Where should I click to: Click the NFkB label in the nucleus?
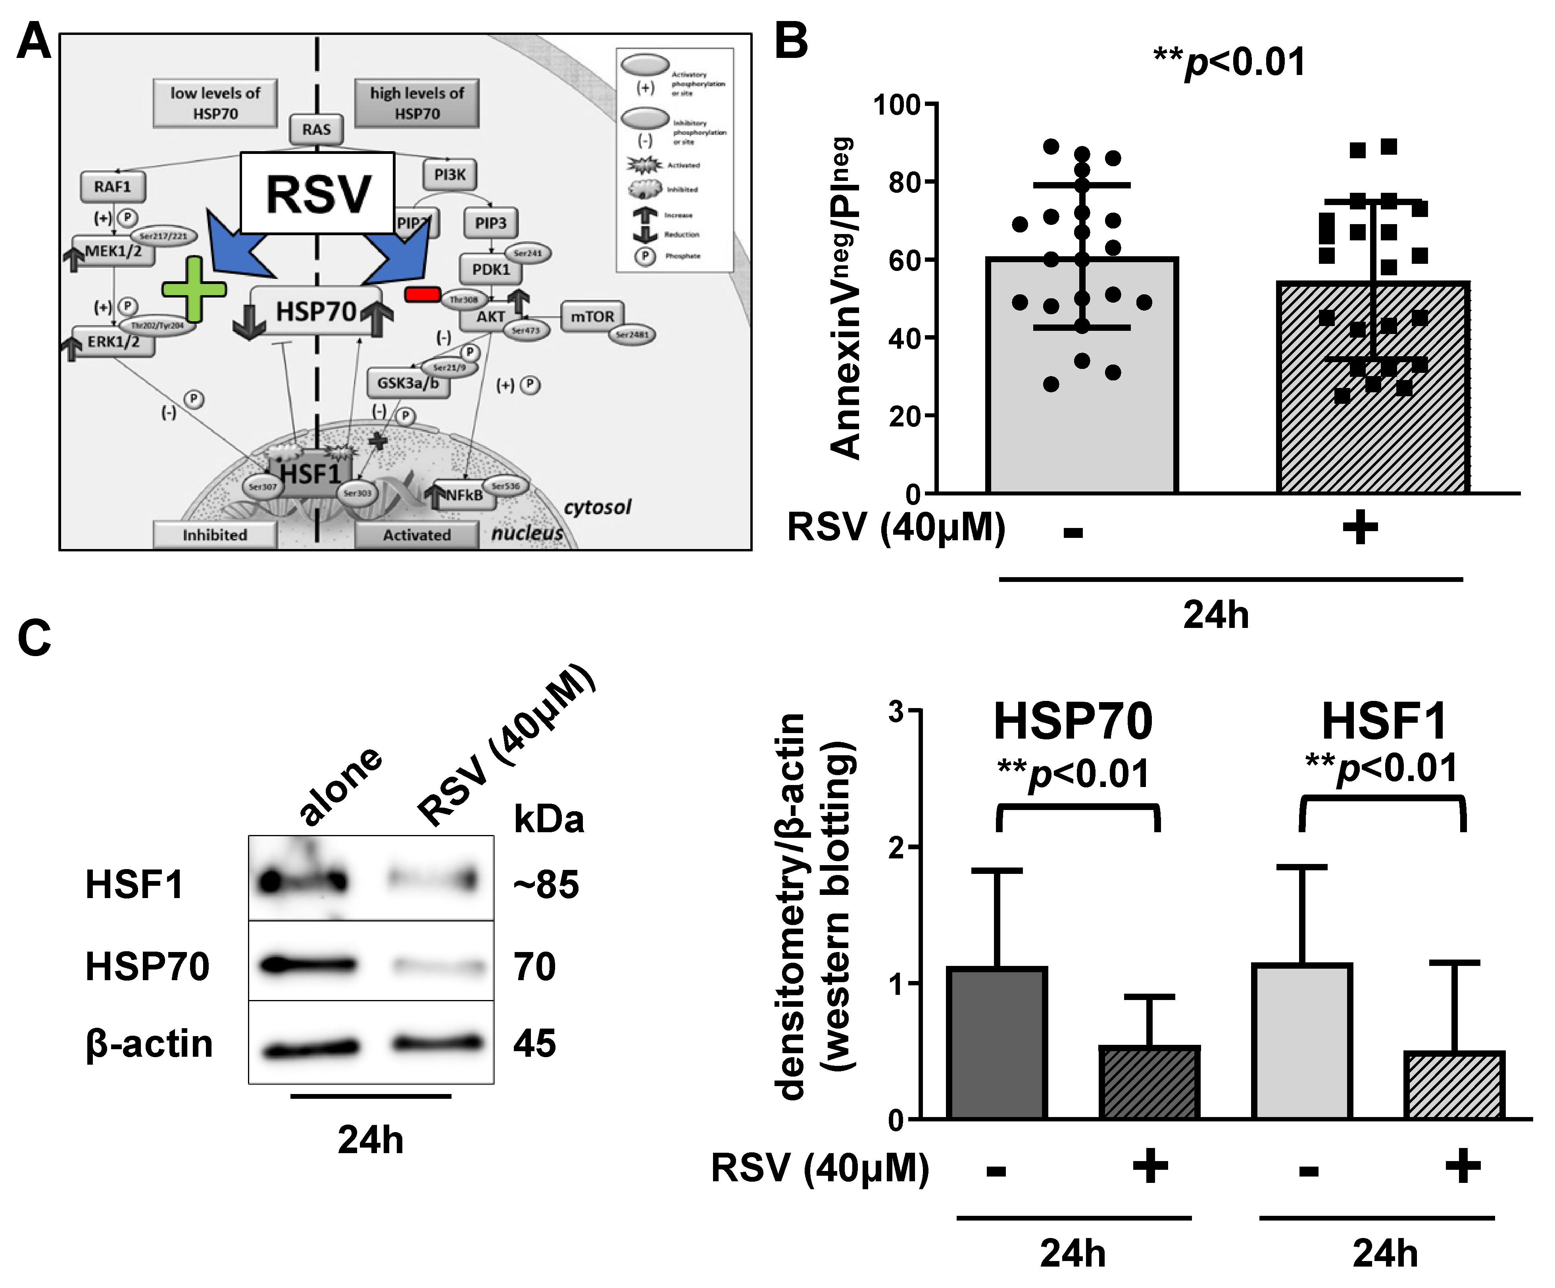click(464, 495)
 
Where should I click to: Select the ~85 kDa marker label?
click(546, 885)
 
